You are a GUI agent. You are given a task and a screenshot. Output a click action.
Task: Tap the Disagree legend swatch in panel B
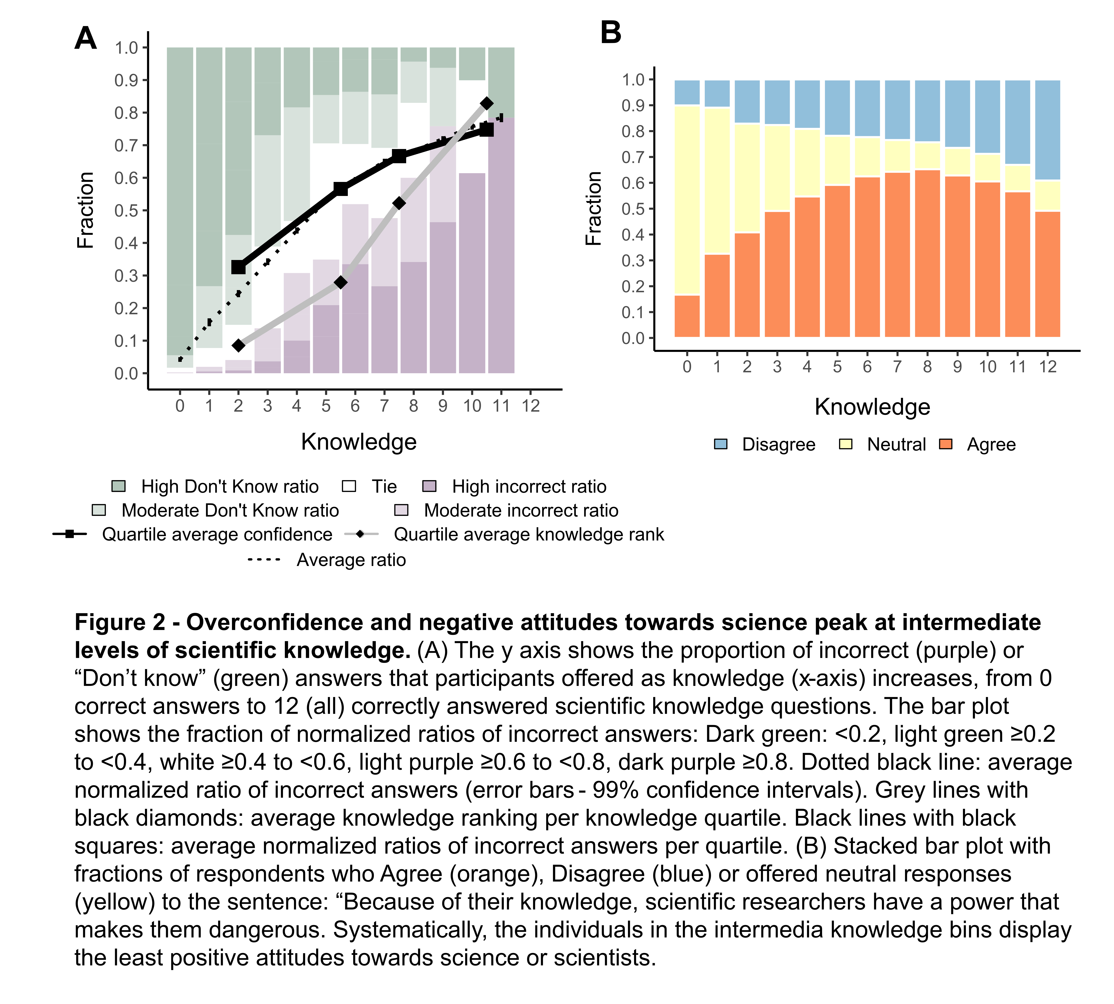(721, 444)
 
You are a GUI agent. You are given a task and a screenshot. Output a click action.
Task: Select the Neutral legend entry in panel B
(896, 444)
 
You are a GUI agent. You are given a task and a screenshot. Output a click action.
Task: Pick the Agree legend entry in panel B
(991, 444)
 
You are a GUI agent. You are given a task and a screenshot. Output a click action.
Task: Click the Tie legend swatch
(349, 486)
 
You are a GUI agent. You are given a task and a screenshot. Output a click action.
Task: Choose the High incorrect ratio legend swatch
(429, 486)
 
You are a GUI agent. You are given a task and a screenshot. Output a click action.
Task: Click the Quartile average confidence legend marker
(70, 534)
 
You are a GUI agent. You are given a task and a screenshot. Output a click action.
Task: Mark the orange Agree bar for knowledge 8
(927, 254)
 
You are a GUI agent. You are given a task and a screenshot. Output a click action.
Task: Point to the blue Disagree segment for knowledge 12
(1047, 130)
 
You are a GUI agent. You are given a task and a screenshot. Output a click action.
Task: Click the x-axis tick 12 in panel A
(530, 406)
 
